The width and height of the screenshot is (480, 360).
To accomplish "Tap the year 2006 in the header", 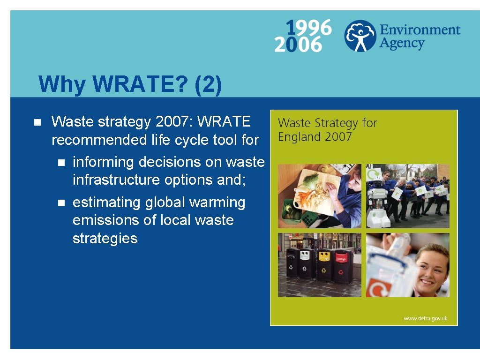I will click(x=299, y=44).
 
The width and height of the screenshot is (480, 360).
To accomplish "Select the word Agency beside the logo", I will click(x=401, y=44).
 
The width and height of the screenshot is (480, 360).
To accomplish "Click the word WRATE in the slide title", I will click(x=134, y=85).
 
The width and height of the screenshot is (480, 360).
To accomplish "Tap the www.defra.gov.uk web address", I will click(x=425, y=318).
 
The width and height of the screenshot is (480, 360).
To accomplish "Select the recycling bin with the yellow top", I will click(x=324, y=265).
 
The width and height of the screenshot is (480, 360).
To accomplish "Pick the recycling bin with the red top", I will click(x=343, y=266).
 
